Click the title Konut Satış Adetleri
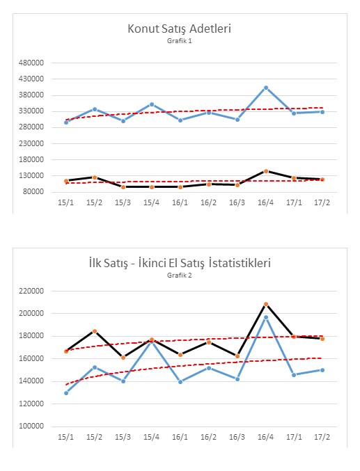[x=179, y=29]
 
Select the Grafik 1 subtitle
[x=179, y=41]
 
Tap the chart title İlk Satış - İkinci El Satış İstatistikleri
[x=180, y=263]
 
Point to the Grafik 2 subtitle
[x=179, y=275]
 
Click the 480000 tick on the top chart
[x=31, y=63]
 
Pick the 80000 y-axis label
[x=33, y=191]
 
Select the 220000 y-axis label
[x=31, y=291]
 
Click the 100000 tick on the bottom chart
[x=31, y=426]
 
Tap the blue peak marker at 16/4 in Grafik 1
[x=266, y=88]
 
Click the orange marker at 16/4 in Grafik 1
[x=266, y=171]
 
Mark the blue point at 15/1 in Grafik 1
[x=66, y=122]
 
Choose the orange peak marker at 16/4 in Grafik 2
[x=266, y=304]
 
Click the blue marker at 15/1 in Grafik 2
[x=66, y=393]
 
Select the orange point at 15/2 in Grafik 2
[x=95, y=331]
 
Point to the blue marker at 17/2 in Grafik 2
[x=322, y=370]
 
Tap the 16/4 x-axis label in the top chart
[x=265, y=202]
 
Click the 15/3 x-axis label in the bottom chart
[x=123, y=437]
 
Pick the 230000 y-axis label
[x=31, y=143]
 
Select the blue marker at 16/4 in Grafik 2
[x=266, y=317]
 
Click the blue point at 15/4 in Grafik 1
[x=152, y=104]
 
